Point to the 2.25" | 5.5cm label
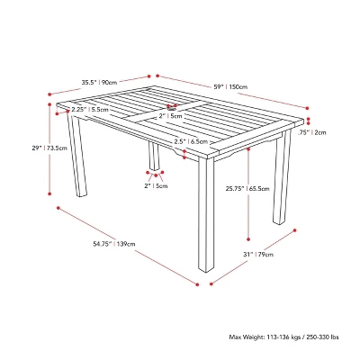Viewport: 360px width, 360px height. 90,110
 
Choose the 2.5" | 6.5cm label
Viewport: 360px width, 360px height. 191,141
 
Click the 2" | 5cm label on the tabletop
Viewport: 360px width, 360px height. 170,116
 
